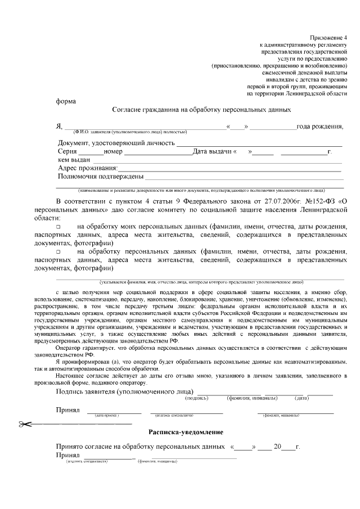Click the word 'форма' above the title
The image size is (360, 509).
67,102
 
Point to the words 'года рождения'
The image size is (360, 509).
319,126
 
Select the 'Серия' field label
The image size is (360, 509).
67,152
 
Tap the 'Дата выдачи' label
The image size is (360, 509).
214,152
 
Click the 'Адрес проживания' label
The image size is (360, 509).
87,169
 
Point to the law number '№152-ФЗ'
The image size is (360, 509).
320,201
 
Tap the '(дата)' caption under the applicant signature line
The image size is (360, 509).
302,398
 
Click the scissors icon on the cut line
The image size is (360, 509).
25,424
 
